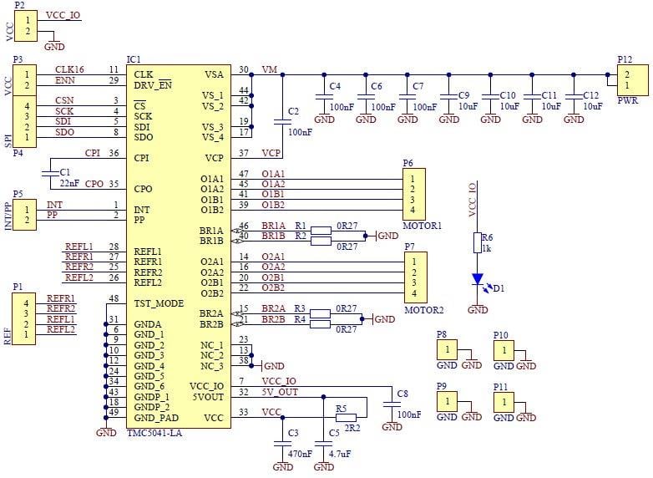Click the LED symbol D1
[478, 279]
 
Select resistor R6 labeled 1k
[478, 242]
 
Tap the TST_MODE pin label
[159, 303]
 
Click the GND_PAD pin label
[156, 417]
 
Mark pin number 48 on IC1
[114, 298]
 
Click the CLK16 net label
[69, 69]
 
